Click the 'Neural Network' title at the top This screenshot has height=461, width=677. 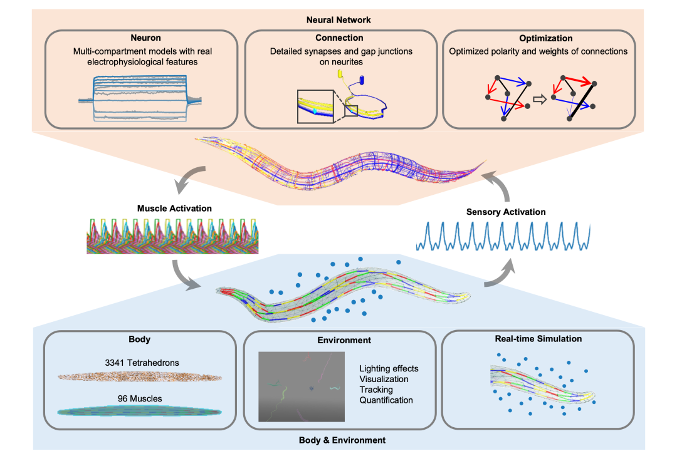[338, 20]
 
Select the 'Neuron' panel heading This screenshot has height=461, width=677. [145, 38]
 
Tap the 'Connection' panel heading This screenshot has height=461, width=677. [339, 38]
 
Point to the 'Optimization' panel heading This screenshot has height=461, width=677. [546, 38]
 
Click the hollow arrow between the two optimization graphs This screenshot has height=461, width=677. [540, 100]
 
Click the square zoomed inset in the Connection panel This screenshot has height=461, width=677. [315, 106]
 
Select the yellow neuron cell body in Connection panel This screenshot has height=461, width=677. [340, 74]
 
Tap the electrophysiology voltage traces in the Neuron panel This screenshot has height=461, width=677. [140, 98]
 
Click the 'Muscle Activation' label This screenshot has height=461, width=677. [174, 209]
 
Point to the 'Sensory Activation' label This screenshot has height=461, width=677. [506, 212]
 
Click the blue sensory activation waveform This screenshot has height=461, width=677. [503, 236]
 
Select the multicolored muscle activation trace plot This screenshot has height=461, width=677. [173, 236]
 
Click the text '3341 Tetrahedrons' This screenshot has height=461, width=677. [142, 363]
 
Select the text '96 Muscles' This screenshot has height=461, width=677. [140, 398]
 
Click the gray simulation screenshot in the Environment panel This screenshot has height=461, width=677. [302, 386]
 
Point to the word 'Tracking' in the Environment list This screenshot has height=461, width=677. [376, 390]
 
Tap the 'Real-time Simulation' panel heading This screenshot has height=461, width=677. [538, 338]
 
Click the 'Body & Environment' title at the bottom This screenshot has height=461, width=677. [342, 440]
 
